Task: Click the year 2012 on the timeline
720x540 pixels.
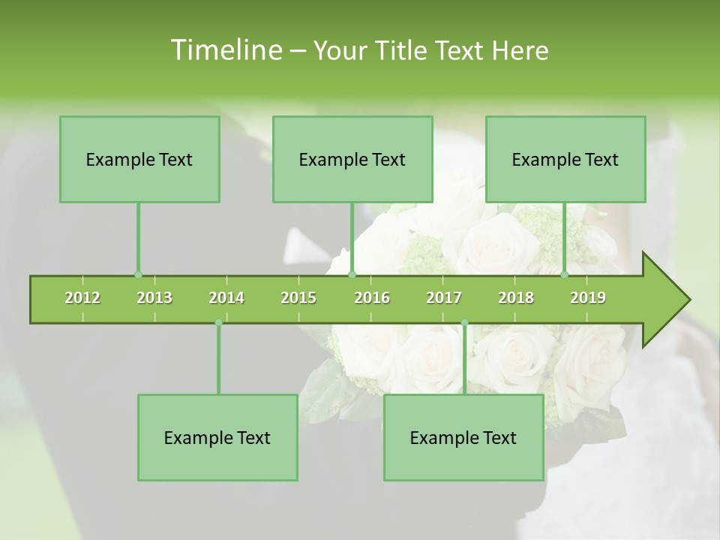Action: point(82,298)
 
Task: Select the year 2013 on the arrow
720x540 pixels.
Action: point(154,298)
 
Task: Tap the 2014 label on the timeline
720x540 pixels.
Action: point(226,298)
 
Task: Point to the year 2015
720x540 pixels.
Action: point(298,298)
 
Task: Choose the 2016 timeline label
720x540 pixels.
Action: point(372,298)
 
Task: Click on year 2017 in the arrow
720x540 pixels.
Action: point(444,298)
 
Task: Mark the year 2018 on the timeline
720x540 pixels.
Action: point(516,298)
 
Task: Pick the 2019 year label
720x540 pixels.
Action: point(588,298)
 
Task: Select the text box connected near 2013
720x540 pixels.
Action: point(139,159)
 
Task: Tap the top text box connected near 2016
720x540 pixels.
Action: point(352,159)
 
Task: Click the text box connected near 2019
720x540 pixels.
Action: point(565,159)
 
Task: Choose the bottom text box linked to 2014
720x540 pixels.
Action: point(217,437)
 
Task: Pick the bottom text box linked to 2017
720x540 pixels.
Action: point(463,437)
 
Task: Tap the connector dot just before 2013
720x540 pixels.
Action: point(138,275)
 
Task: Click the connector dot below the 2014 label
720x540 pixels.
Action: point(218,322)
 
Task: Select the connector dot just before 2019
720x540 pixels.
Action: point(565,275)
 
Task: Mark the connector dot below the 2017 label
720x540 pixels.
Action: point(464,322)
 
